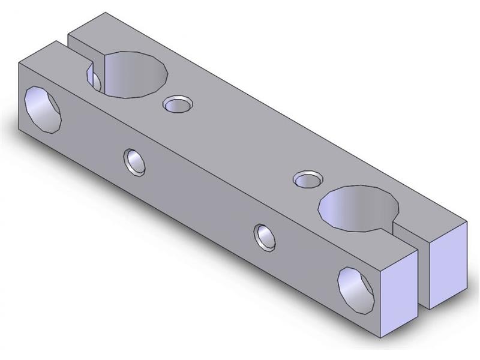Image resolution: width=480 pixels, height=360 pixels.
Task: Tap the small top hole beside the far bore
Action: tap(176, 105)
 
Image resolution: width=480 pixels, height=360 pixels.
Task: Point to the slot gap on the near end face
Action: tap(423, 273)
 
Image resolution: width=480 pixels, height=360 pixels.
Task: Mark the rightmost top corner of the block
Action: tap(467, 221)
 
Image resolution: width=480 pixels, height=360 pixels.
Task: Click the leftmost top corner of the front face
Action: tap(20, 62)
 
